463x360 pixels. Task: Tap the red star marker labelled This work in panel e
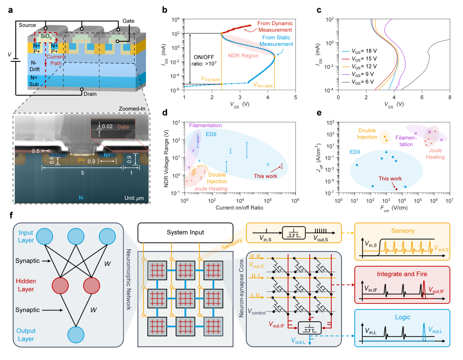click(396, 188)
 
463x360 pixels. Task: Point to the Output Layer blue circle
click(75, 333)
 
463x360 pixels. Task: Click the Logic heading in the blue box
click(402, 318)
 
